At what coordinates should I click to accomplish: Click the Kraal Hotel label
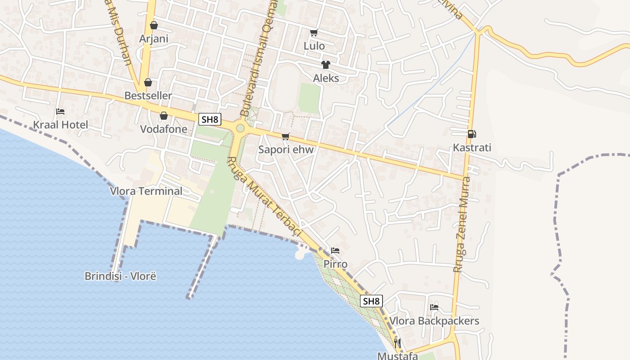point(61,125)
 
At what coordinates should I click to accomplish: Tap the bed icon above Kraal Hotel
point(60,112)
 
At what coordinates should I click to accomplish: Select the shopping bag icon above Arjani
point(154,25)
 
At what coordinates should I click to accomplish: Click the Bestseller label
point(148,95)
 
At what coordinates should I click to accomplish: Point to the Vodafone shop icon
point(164,116)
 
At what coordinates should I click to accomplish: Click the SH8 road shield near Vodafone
point(210,119)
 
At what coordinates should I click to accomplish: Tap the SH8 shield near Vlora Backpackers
point(371,301)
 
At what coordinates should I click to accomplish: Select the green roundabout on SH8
point(240,128)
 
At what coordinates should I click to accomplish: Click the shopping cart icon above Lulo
point(314,32)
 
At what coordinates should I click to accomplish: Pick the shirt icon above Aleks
point(326,65)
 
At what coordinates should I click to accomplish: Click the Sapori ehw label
point(286,149)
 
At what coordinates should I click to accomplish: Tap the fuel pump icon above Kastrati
point(472,134)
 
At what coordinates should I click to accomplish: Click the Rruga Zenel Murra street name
point(461,224)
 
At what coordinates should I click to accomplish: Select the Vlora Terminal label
point(146,191)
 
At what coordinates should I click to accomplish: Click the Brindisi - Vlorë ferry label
point(120,276)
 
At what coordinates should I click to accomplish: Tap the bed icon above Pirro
point(335,251)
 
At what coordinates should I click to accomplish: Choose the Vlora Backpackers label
point(434,321)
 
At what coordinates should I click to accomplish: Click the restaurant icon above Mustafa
point(397,343)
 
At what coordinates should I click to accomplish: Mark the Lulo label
point(314,45)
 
